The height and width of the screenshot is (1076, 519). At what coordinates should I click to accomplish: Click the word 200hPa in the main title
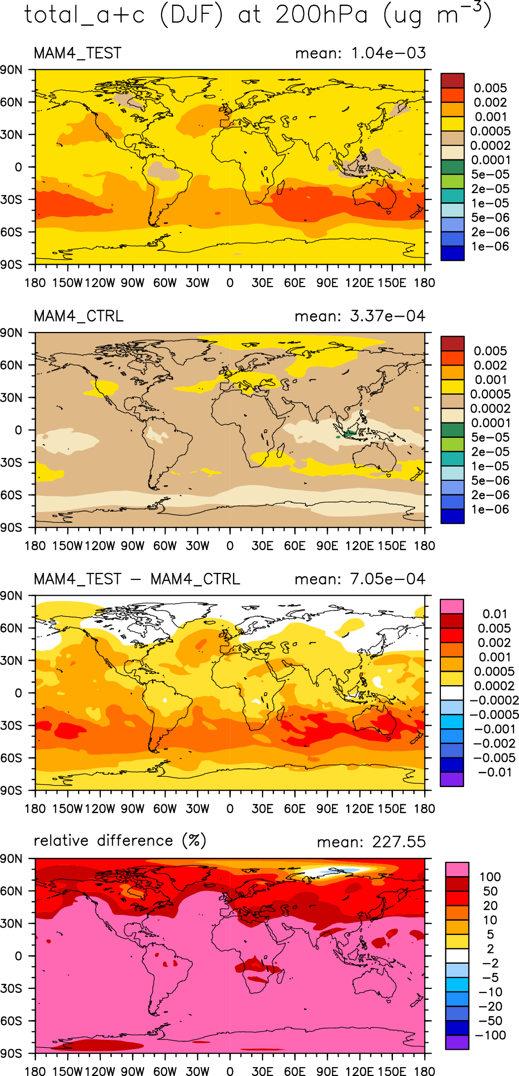pos(322,15)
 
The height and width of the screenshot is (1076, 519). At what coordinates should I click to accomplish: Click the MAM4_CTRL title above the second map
pos(79,316)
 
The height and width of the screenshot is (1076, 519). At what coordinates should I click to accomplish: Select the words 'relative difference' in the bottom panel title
pos(103,841)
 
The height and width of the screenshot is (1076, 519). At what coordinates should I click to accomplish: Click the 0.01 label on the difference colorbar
pos(495,614)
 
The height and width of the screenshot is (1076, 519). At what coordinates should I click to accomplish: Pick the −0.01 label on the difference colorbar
pos(495,772)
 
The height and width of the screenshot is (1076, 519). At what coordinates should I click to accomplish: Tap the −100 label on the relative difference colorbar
pos(490,1035)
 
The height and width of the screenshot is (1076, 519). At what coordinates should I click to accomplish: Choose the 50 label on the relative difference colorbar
pos(490,891)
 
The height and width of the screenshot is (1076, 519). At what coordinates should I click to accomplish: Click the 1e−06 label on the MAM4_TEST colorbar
pos(490,246)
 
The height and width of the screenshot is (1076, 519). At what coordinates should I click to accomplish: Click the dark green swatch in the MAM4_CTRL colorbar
pos(452,430)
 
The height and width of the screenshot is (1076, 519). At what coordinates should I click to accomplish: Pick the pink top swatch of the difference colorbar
pos(452,607)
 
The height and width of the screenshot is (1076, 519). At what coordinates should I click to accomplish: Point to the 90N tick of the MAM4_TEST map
pos(11,70)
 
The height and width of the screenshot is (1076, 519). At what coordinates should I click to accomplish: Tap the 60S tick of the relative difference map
pos(11,1021)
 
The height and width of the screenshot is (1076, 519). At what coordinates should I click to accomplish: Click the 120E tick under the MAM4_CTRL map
pos(359,546)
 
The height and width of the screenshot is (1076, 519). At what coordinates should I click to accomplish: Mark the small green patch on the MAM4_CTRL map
pos(349,433)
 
